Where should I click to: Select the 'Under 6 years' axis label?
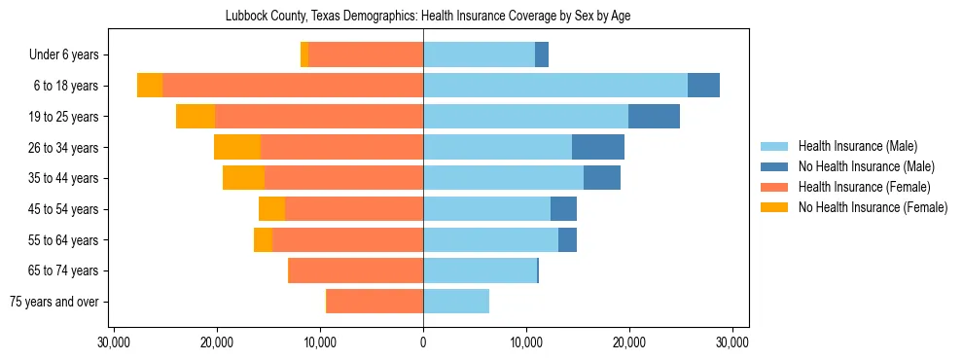point(69,55)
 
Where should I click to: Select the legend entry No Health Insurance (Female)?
point(873,207)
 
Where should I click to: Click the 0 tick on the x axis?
point(423,342)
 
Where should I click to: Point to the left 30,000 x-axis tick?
point(115,342)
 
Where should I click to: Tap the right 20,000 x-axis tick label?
point(629,342)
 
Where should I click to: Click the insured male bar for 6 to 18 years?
point(555,86)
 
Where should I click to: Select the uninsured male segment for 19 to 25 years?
point(654,117)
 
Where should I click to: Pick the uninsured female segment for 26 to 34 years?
point(237,148)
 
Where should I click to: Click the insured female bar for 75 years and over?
point(374,302)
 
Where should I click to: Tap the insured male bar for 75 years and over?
point(456,302)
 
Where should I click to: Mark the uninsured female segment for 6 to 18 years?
point(150,86)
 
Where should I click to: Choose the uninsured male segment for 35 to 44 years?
point(602,178)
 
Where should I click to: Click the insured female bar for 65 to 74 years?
point(356,270)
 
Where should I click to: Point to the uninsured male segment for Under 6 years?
point(542,55)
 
